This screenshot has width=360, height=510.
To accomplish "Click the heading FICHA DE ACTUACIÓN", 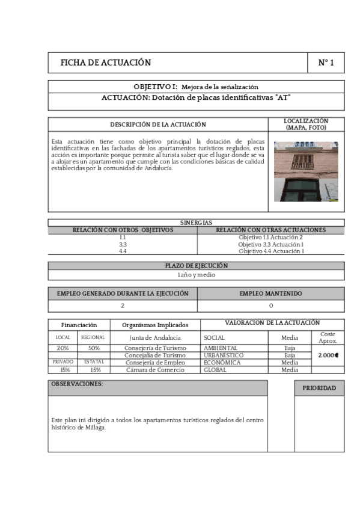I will (106, 63).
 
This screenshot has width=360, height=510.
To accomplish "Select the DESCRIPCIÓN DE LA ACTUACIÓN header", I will (158, 124).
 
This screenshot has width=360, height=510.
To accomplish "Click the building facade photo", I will (306, 171).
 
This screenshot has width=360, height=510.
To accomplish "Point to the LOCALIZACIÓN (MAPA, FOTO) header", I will (306, 124).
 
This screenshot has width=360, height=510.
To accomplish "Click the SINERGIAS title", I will (196, 223).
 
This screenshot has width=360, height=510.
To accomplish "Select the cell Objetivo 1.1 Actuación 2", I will (270, 238).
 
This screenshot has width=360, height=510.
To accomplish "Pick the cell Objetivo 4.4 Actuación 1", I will (270, 251).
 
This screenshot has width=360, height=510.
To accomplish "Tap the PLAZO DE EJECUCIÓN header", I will (196, 265).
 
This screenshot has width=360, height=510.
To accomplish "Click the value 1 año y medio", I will (196, 275).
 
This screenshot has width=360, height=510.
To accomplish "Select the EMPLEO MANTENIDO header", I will (270, 293).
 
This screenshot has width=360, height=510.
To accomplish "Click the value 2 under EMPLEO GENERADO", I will (123, 306).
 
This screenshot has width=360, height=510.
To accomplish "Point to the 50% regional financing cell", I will (93, 348).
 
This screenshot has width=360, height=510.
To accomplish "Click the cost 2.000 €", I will (328, 355).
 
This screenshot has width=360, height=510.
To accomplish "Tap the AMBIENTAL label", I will (221, 348).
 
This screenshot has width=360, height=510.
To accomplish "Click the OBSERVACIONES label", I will (78, 384).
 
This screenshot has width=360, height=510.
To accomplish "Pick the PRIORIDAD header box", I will (319, 389).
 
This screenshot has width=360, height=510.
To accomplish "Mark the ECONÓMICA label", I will (222, 363).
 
